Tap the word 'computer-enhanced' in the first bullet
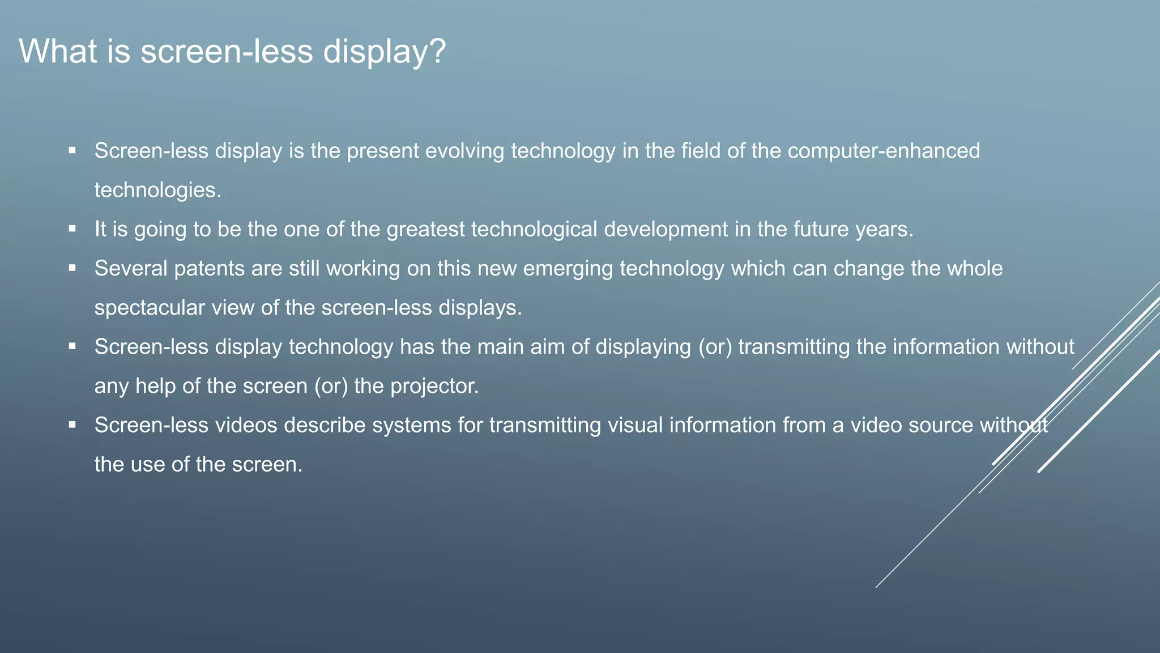click(x=884, y=151)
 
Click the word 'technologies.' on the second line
click(x=157, y=190)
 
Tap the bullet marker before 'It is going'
click(x=72, y=229)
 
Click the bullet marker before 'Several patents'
click(x=72, y=268)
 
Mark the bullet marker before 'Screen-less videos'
click(x=72, y=425)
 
